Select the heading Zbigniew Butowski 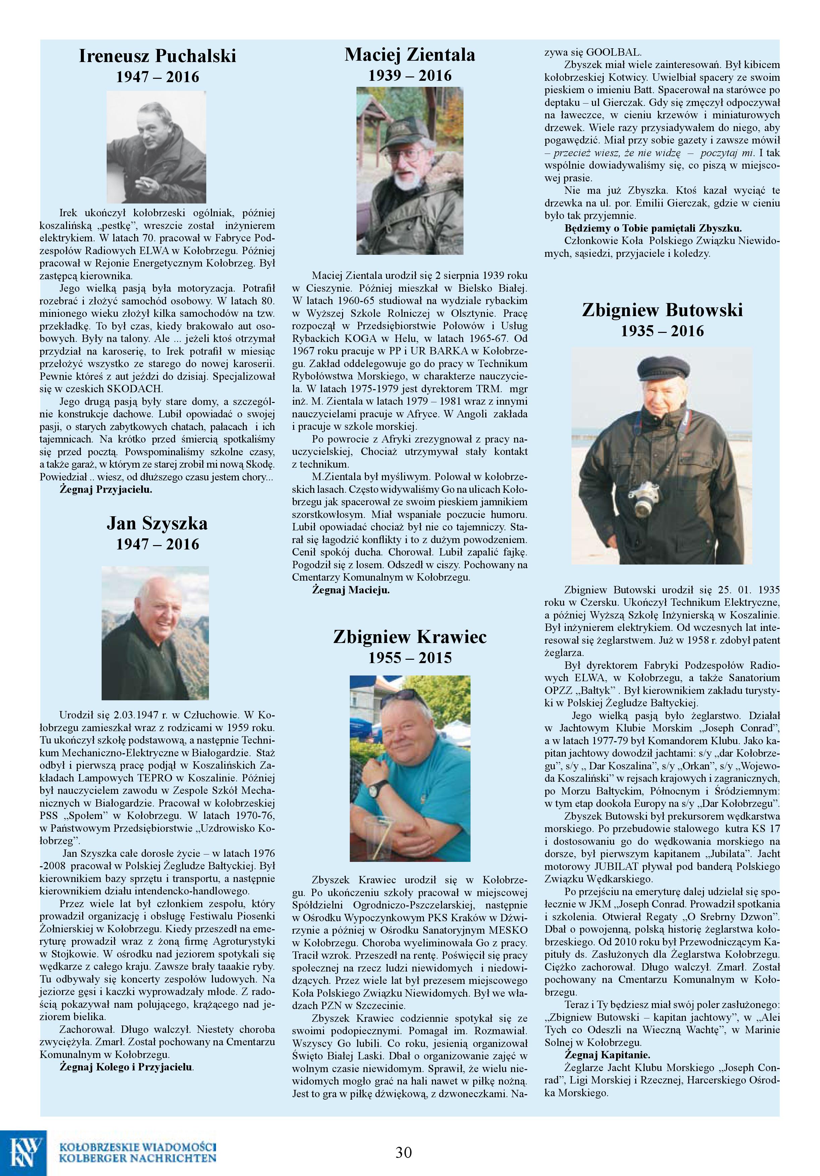point(662,310)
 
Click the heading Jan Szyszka point(157,523)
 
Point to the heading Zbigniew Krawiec point(409,637)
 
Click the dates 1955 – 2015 point(410,658)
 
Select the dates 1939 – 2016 point(410,76)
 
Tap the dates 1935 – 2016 point(662,331)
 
